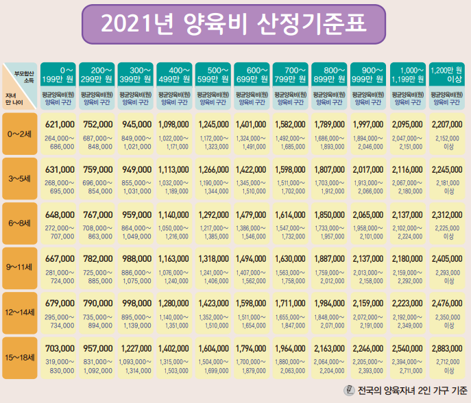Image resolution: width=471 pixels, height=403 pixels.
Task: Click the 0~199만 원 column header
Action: coord(59,75)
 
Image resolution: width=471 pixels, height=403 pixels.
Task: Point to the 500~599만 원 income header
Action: coord(215,75)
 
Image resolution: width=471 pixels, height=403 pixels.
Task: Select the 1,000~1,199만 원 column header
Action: coord(409,75)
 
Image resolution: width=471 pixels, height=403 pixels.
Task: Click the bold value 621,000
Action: coord(60,125)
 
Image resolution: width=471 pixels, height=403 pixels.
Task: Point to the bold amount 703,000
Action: coord(60,347)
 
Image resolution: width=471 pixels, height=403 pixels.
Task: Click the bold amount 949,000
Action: coord(136,170)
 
